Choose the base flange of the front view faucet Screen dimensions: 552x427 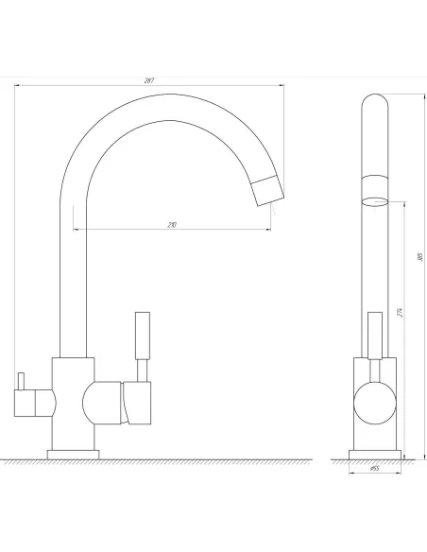(x=74, y=454)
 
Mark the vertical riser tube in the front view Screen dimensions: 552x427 (x=73, y=284)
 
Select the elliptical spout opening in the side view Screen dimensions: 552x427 (x=375, y=199)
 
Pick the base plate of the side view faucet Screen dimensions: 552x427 (x=375, y=454)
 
